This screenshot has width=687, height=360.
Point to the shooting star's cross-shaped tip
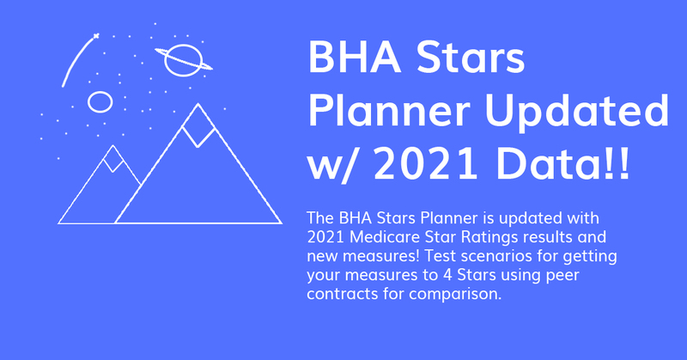[96, 36]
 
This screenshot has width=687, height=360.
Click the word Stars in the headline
[470, 57]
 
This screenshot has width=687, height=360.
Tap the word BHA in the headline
[355, 57]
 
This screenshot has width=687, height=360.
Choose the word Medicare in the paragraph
[385, 237]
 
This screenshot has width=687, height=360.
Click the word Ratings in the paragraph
[489, 238]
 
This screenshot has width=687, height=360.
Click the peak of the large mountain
[198, 104]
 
